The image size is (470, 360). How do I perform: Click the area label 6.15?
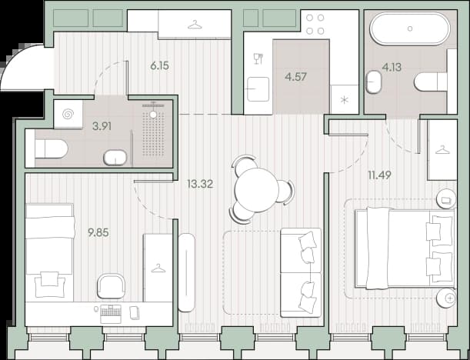tap(160, 65)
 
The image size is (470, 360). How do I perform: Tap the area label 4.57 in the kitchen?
tap(296, 77)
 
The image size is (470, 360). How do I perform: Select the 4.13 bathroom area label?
tap(392, 67)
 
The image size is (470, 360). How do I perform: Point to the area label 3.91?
tap(102, 126)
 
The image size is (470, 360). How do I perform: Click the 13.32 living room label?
tap(200, 184)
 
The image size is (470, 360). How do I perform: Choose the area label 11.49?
tap(379, 175)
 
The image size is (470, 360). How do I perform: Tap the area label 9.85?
tap(98, 232)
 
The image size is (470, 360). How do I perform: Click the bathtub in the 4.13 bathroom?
tap(410, 28)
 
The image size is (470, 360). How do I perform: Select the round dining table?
tap(257, 190)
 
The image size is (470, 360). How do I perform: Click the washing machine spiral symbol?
tap(68, 114)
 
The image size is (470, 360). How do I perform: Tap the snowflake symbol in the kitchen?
tap(345, 100)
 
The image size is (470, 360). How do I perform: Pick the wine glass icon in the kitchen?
tap(258, 58)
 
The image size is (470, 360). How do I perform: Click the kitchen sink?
tap(258, 89)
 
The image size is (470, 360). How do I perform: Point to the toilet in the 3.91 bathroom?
tap(51, 148)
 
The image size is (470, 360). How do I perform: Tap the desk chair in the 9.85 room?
tap(111, 286)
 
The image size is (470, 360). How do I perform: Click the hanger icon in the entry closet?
tap(195, 25)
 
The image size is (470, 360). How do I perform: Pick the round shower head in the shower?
tap(153, 114)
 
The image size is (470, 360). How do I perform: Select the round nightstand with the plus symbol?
tap(446, 298)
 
